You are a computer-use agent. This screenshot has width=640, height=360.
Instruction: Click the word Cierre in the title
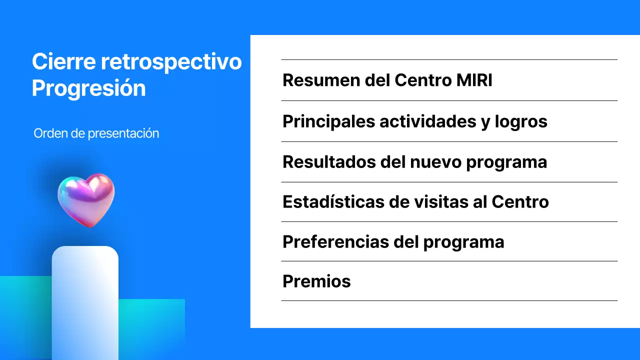(64, 62)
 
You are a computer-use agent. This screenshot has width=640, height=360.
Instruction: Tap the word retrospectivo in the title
(171, 62)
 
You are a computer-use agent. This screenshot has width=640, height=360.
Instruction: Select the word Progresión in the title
(88, 88)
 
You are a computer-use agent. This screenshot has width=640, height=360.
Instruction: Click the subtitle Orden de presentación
(96, 133)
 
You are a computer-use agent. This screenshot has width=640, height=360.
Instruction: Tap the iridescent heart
(86, 199)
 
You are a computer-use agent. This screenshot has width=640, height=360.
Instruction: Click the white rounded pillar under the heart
(85, 300)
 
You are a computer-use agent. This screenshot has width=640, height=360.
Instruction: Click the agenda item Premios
(316, 281)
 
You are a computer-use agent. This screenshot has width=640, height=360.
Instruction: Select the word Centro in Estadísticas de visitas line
(520, 202)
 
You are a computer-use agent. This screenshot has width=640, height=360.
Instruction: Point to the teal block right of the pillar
(152, 327)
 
